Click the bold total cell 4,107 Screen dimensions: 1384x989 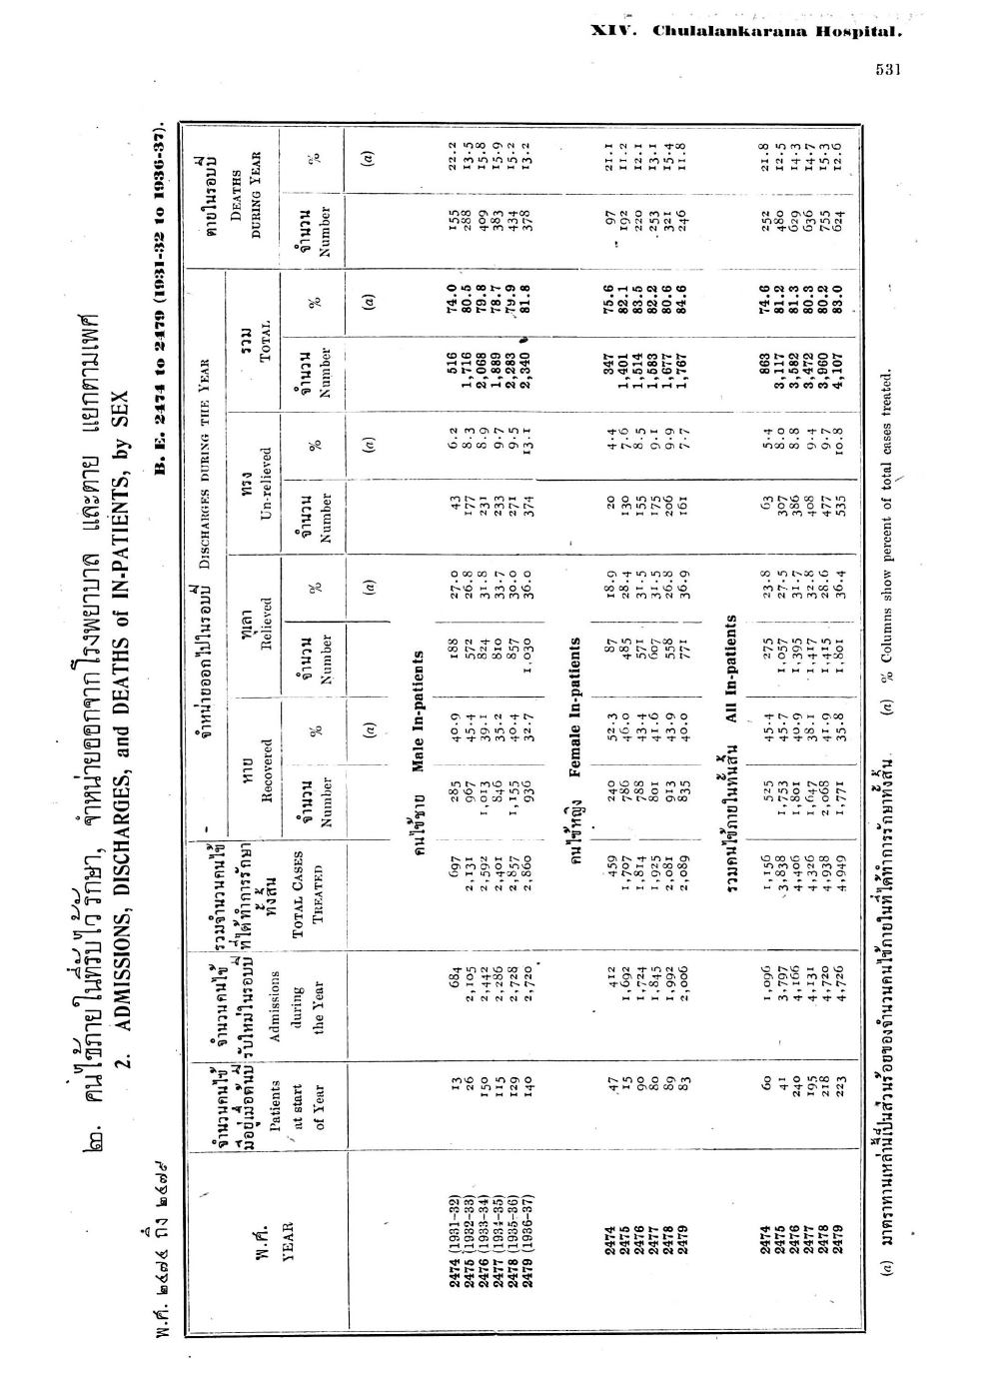coord(839,345)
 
